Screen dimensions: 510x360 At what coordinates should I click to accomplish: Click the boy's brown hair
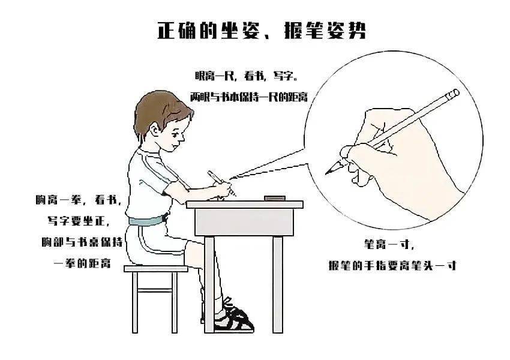(159, 112)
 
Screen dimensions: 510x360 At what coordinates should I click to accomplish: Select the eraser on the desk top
(275, 198)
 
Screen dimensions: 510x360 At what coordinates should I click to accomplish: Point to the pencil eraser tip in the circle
(453, 94)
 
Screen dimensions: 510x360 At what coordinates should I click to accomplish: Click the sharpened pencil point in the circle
(332, 169)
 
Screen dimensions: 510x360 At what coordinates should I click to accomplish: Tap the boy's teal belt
(148, 221)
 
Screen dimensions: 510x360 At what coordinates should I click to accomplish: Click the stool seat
(156, 269)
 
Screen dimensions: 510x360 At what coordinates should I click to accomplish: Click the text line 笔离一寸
(389, 244)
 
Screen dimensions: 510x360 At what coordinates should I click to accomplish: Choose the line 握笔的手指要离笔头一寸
(392, 265)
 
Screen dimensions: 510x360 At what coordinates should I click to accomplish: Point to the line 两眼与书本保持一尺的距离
(249, 97)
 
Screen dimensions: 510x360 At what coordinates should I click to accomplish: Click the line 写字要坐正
(79, 221)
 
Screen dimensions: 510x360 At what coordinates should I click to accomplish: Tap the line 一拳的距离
(82, 263)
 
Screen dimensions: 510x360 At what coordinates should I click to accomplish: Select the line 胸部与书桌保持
(82, 242)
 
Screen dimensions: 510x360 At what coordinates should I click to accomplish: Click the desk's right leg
(277, 284)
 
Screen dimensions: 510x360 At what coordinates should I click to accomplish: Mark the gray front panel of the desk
(244, 222)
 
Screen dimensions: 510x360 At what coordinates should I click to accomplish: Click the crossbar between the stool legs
(156, 290)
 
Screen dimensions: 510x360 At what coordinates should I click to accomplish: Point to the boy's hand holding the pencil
(224, 189)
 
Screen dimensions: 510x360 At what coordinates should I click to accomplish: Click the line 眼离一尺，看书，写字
(246, 76)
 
